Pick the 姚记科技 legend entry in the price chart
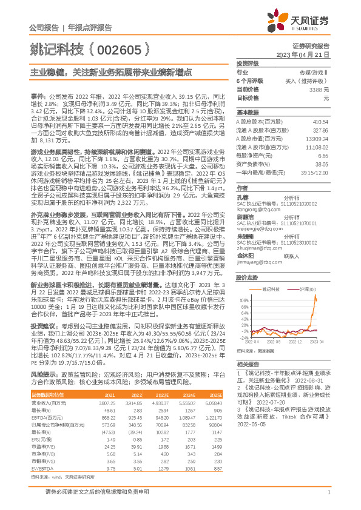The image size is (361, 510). (271, 290)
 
